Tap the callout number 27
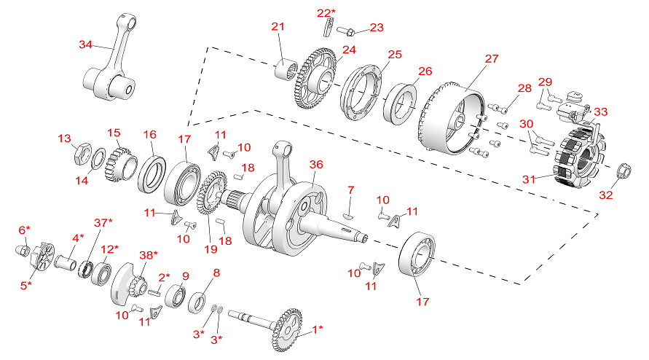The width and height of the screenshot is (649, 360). click(x=492, y=58)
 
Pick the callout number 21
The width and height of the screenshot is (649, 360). click(x=278, y=27)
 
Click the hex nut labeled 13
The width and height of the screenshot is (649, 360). click(x=82, y=154)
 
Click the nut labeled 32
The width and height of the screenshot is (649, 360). click(x=624, y=172)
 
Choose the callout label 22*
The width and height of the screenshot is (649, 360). click(x=326, y=12)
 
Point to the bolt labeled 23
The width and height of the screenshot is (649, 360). click(x=348, y=31)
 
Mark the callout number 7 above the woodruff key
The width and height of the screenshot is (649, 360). click(x=350, y=191)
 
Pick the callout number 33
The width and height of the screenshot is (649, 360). click(x=601, y=112)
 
